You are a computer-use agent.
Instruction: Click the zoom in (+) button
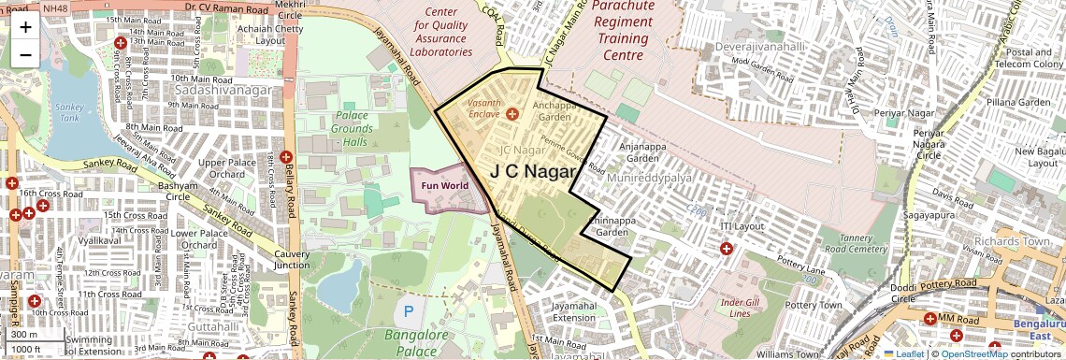pos(25,27)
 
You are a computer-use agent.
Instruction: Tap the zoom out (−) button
pos(25,54)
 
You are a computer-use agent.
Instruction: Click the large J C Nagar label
pos(534,171)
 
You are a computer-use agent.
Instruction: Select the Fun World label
pos(444,185)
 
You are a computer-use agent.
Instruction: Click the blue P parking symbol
pos(407,310)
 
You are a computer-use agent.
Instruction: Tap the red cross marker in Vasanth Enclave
pos(511,114)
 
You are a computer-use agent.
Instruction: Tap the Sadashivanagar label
pos(223,90)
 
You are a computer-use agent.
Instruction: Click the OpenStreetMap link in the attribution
pos(974,353)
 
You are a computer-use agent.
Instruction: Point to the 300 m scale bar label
pos(24,334)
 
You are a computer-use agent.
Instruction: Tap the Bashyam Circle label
pos(179,191)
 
